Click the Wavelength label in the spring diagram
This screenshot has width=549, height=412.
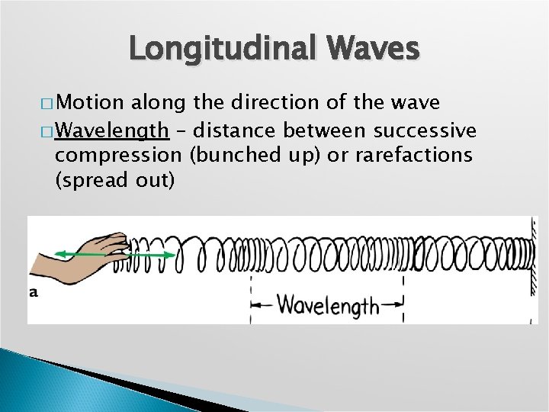pos(328,305)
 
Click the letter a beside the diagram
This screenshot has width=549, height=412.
pos(34,291)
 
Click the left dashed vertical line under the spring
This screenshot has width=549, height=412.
pos(252,301)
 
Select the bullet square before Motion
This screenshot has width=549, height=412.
pos(45,103)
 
